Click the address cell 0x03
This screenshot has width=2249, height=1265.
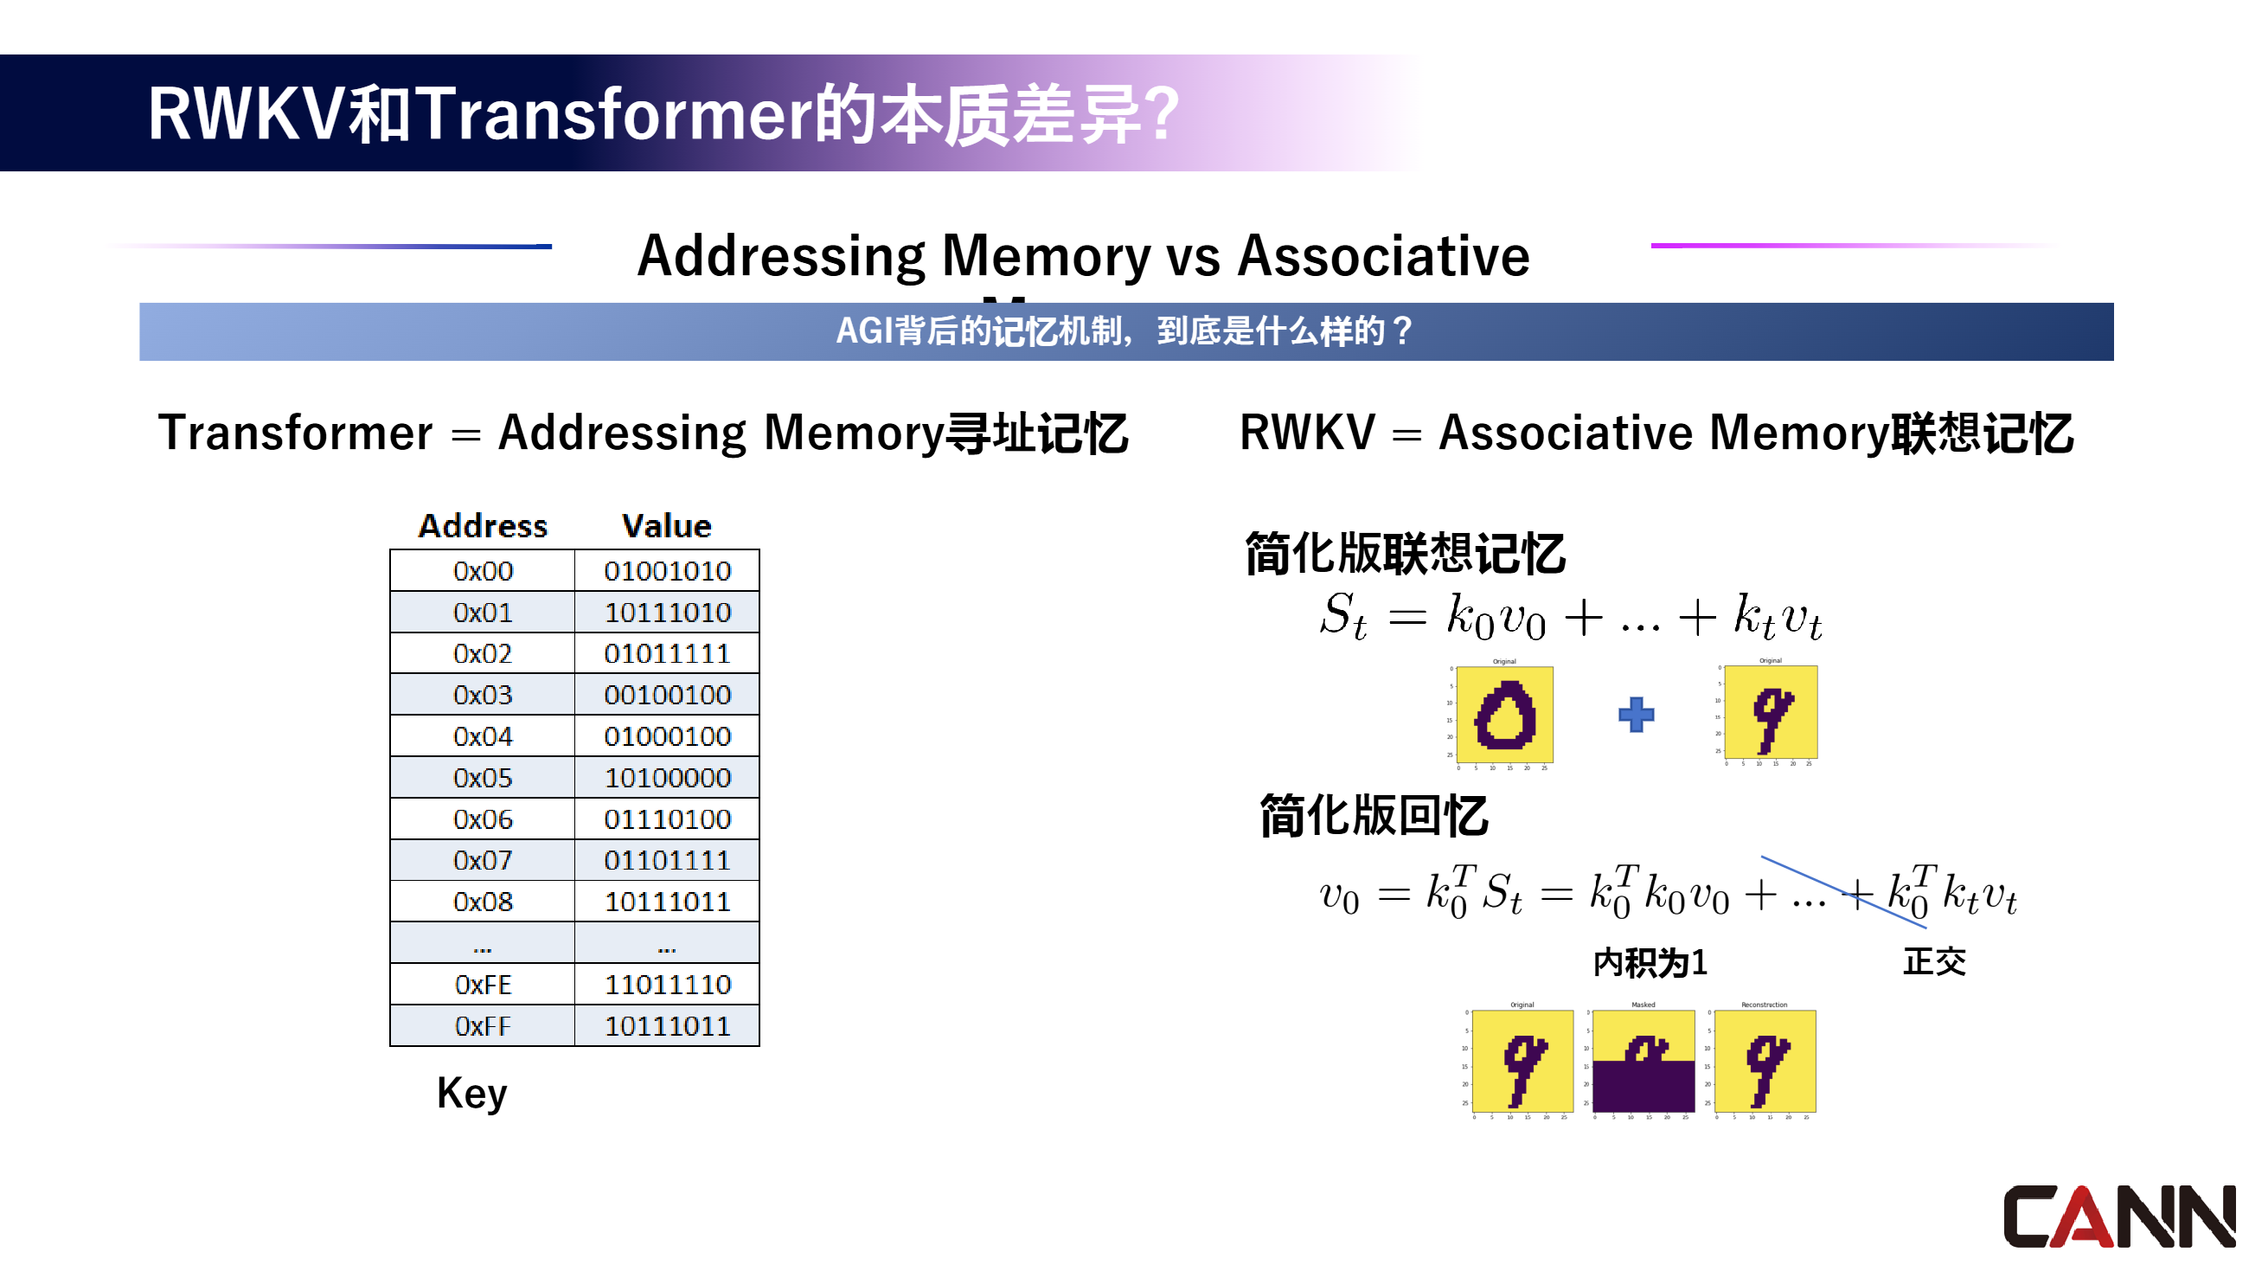pyautogui.click(x=483, y=695)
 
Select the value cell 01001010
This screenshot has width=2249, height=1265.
pyautogui.click(x=667, y=571)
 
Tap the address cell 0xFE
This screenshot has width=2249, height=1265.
pyautogui.click(x=483, y=985)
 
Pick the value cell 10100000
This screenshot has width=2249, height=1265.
pyautogui.click(x=667, y=778)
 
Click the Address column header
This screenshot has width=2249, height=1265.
pyautogui.click(x=483, y=525)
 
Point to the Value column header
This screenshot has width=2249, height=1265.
pyautogui.click(x=666, y=525)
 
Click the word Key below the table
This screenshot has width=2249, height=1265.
pyautogui.click(x=471, y=1093)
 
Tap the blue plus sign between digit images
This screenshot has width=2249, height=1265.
pyautogui.click(x=1636, y=715)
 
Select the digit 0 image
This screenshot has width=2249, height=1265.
pyautogui.click(x=1504, y=715)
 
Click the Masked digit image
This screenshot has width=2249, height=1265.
pyautogui.click(x=1643, y=1061)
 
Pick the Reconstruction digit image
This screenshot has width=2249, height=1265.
pyautogui.click(x=1765, y=1061)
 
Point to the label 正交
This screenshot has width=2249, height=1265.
pyautogui.click(x=1934, y=962)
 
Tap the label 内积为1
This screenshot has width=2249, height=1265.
pyautogui.click(x=1650, y=963)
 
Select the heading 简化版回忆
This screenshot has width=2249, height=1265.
pyautogui.click(x=1374, y=816)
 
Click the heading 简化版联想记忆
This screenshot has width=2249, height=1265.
pyautogui.click(x=1405, y=554)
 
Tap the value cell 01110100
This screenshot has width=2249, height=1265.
pyautogui.click(x=667, y=819)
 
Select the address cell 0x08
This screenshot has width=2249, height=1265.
pyautogui.click(x=483, y=902)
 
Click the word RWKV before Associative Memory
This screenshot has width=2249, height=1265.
pyautogui.click(x=1307, y=433)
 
